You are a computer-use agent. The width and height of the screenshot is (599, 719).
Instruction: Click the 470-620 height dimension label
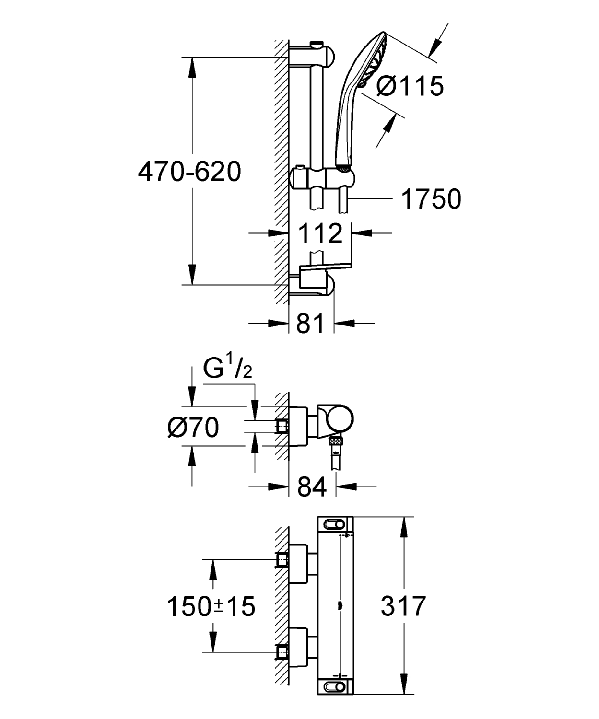point(189,172)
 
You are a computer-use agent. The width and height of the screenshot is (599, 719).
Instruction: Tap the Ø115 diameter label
point(410,86)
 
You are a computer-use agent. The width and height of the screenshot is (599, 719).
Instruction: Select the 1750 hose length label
point(431,198)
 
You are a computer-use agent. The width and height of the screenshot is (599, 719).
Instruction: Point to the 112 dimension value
point(320,233)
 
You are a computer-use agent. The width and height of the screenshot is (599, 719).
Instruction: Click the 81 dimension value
point(310,324)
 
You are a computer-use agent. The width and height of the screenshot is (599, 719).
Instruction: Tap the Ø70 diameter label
point(193,427)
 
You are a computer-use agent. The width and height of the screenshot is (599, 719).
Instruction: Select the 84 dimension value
point(312,487)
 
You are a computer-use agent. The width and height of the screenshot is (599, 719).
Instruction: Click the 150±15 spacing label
point(211,606)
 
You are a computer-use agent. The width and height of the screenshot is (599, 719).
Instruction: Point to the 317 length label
point(403,606)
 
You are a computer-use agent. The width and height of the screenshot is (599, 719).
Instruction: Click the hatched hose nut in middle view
point(335,440)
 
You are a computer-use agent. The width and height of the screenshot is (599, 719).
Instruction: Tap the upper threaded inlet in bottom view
point(282,559)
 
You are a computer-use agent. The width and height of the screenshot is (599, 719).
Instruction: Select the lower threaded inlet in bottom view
point(282,652)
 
